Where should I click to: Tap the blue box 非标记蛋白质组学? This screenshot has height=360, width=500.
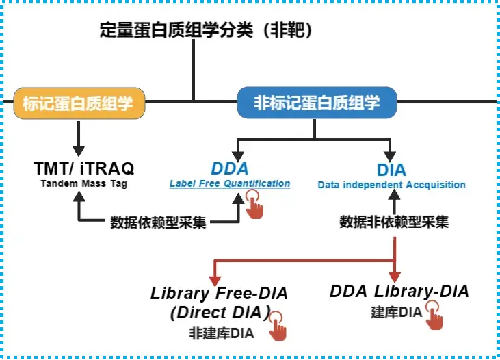coord(317,103)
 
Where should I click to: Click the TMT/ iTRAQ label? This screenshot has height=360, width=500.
coord(84,168)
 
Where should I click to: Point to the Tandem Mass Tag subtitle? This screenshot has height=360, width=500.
coord(84,183)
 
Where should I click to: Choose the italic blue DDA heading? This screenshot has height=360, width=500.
coord(230,169)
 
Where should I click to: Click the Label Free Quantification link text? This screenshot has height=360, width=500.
coord(230,183)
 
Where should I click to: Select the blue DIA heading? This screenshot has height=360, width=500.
coord(391,170)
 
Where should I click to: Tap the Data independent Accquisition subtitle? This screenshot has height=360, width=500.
coord(391,185)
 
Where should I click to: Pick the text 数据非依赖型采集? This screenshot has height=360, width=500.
coord(395,222)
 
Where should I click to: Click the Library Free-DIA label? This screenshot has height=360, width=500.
coord(219,294)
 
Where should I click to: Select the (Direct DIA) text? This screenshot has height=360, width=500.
coord(211,313)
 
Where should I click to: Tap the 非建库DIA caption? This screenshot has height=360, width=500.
coord(221,333)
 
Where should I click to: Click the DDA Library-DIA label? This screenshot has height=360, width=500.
coord(399,292)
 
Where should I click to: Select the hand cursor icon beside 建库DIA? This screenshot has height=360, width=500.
coord(434,316)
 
